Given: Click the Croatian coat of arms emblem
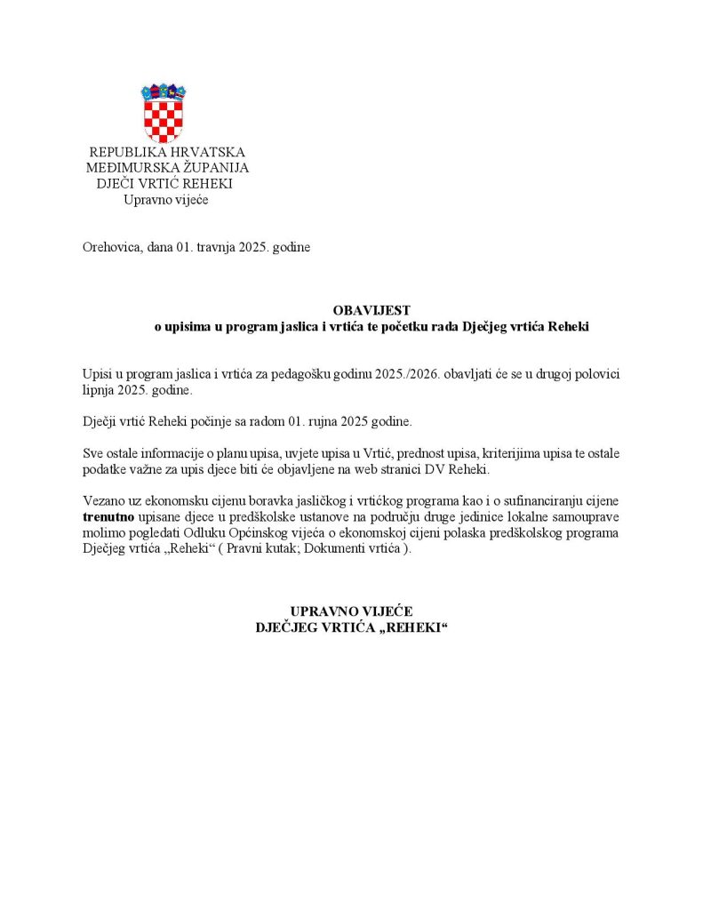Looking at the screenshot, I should click(x=164, y=113).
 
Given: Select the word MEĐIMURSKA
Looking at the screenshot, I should click(x=126, y=168).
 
